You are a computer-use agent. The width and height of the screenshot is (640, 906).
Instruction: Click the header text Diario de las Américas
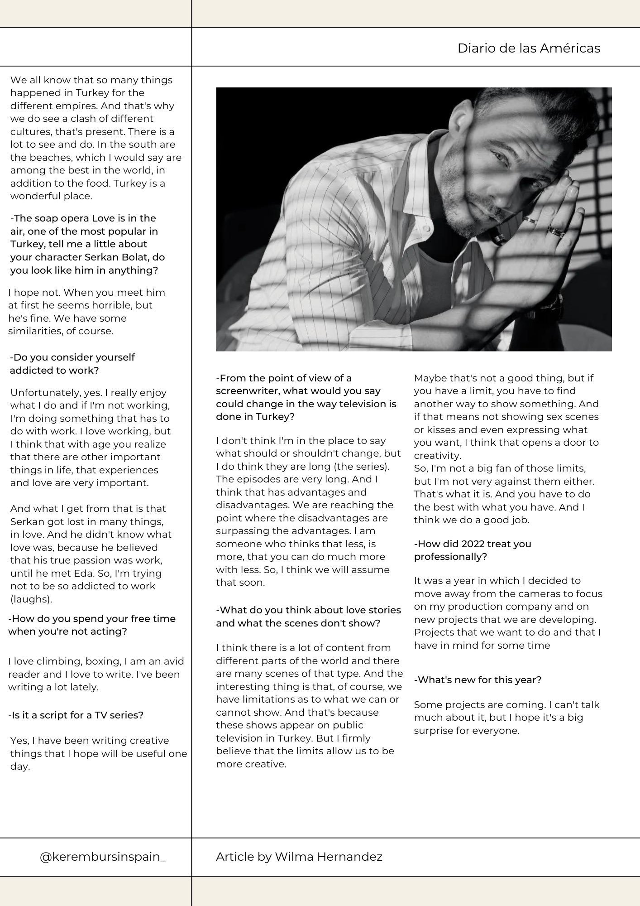[529, 48]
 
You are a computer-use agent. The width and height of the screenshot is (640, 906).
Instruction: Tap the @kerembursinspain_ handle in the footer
[103, 857]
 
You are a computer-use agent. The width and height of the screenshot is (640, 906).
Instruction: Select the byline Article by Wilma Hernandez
[299, 857]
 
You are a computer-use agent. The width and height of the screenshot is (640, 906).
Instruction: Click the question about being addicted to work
[72, 364]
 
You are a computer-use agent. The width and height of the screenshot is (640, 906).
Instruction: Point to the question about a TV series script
[76, 715]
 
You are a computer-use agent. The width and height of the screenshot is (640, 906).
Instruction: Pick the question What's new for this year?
[478, 679]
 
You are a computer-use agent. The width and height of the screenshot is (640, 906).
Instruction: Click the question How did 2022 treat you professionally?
[473, 550]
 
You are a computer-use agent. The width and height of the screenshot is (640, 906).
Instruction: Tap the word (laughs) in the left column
[31, 599]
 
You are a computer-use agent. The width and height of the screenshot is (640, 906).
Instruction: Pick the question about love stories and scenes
[308, 617]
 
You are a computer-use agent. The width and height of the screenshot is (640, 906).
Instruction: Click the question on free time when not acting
[91, 625]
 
